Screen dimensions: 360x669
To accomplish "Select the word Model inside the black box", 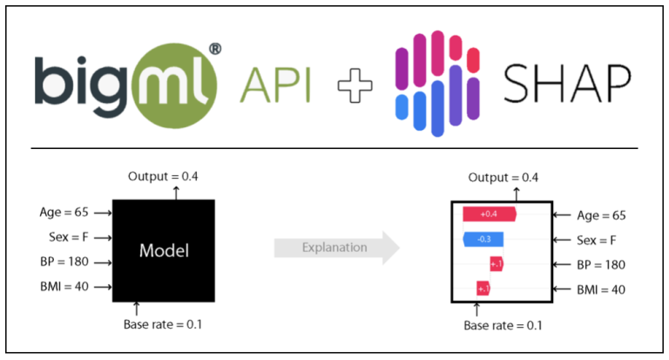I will (x=164, y=250).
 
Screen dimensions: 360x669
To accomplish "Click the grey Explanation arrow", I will (x=335, y=248).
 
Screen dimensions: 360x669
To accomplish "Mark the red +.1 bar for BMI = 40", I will (x=483, y=288).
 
